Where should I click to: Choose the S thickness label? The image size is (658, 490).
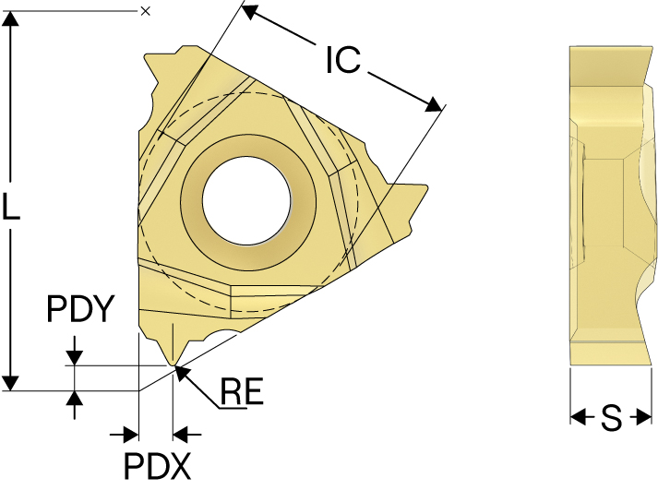point(611,419)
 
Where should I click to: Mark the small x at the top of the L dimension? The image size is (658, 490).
point(145,11)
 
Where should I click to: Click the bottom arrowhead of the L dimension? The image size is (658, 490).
point(11,381)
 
